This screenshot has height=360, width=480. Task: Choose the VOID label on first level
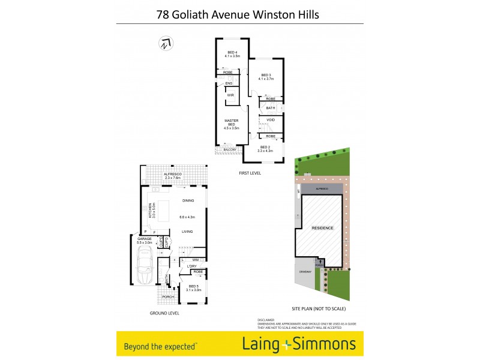[x=271, y=119]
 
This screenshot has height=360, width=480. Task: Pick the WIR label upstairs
[x=230, y=95]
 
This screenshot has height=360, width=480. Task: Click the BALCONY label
[x=229, y=150]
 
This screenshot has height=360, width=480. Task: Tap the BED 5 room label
[x=193, y=288]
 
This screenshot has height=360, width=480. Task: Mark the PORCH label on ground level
[x=167, y=296]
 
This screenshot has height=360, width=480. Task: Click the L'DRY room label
[x=192, y=266]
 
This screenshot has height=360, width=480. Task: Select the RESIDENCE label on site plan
[x=322, y=229]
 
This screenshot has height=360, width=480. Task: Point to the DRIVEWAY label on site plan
[x=304, y=272]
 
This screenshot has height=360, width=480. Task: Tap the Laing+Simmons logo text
[x=298, y=344]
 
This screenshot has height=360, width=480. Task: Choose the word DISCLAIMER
[x=265, y=320]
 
